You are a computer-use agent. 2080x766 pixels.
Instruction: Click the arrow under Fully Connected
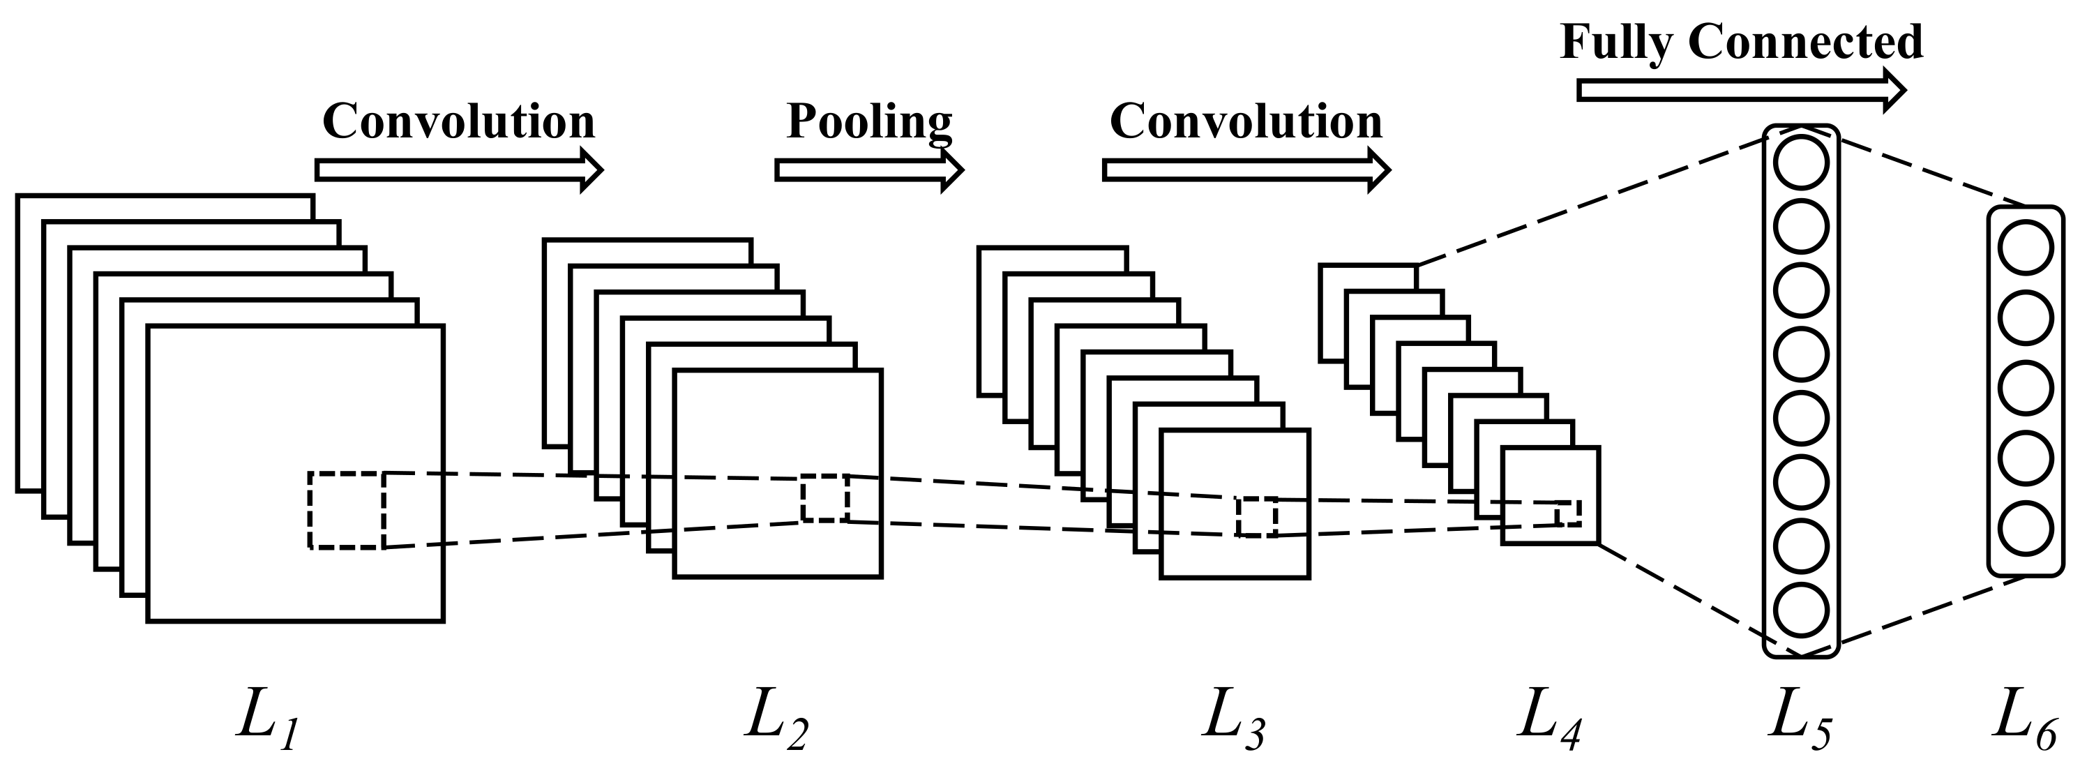1741,91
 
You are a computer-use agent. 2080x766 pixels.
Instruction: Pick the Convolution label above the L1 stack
459,121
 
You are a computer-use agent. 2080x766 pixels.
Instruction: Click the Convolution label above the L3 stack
1246,121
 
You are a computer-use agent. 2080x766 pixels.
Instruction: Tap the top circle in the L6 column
2025,248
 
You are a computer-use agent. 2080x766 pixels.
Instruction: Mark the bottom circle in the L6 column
2025,530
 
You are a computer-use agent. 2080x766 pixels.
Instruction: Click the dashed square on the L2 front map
825,498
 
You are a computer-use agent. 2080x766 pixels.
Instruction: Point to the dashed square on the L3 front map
1256,518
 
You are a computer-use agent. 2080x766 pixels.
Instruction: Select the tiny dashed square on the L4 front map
1568,513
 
